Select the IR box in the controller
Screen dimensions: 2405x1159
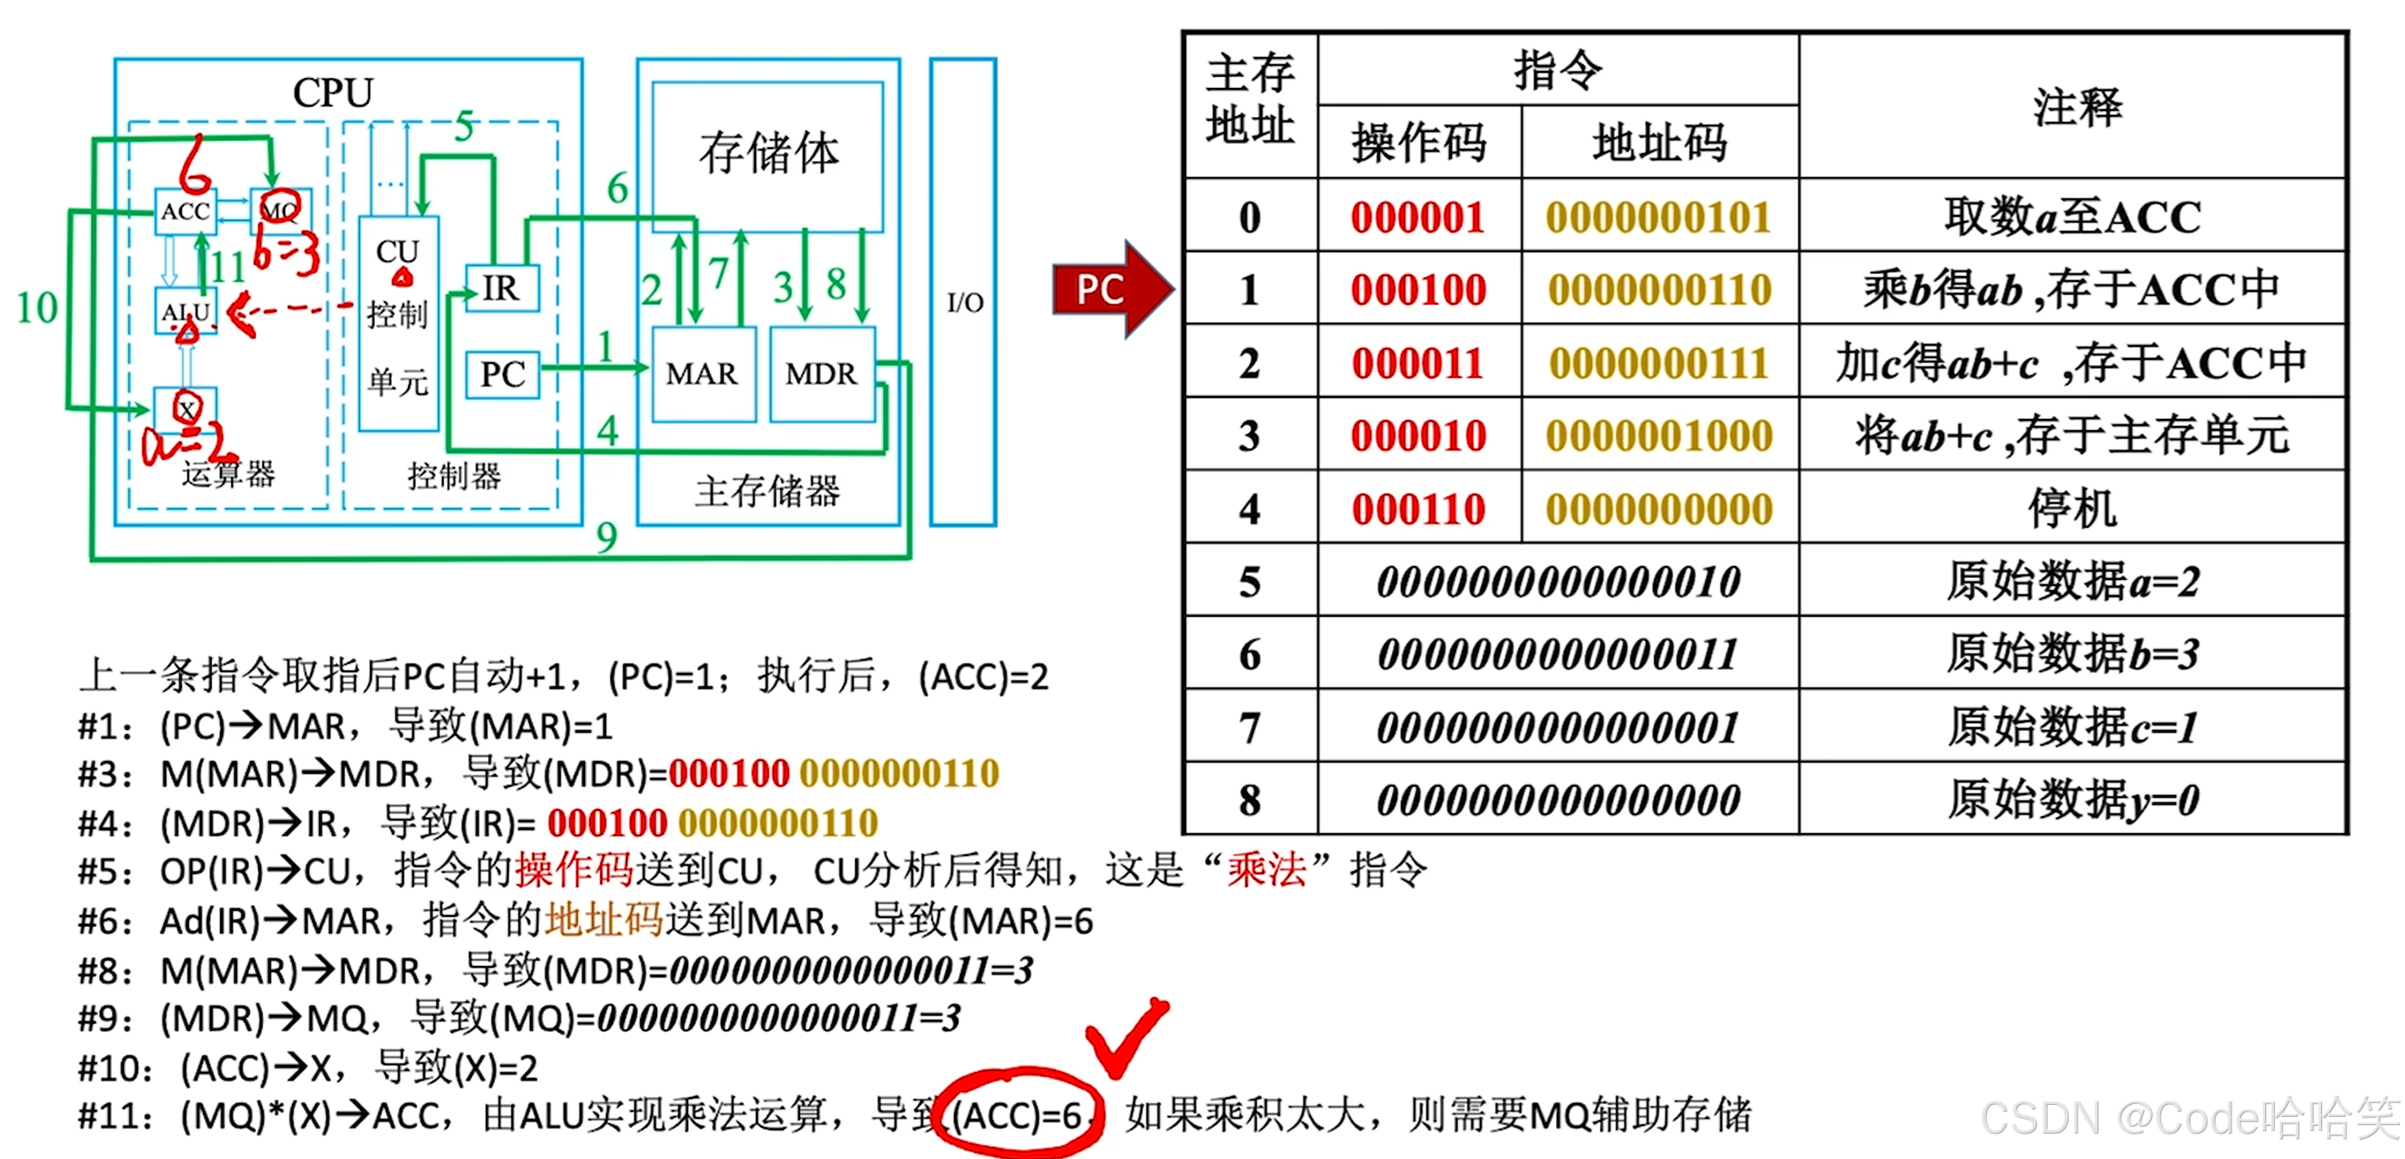[x=502, y=289]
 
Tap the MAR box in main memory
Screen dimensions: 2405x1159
[x=702, y=373]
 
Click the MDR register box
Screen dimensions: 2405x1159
[x=820, y=373]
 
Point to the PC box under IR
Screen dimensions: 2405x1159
[x=502, y=374]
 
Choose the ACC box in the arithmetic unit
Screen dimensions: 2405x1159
[x=185, y=211]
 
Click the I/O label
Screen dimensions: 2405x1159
[x=964, y=302]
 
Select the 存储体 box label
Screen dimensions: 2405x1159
[x=768, y=153]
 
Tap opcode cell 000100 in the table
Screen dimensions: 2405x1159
[x=1418, y=290]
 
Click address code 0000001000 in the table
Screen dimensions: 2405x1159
[x=1659, y=436]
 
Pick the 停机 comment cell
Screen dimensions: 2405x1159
[x=2072, y=509]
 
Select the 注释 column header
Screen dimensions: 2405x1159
[x=2077, y=107]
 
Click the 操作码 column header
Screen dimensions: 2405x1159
[x=1418, y=143]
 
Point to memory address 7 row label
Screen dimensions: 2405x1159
[x=1249, y=727]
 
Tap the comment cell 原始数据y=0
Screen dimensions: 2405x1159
[x=2072, y=800]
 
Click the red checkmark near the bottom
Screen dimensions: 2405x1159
[x=1125, y=1036]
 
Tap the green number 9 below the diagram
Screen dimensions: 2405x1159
[x=607, y=537]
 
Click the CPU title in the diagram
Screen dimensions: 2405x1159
[x=334, y=92]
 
